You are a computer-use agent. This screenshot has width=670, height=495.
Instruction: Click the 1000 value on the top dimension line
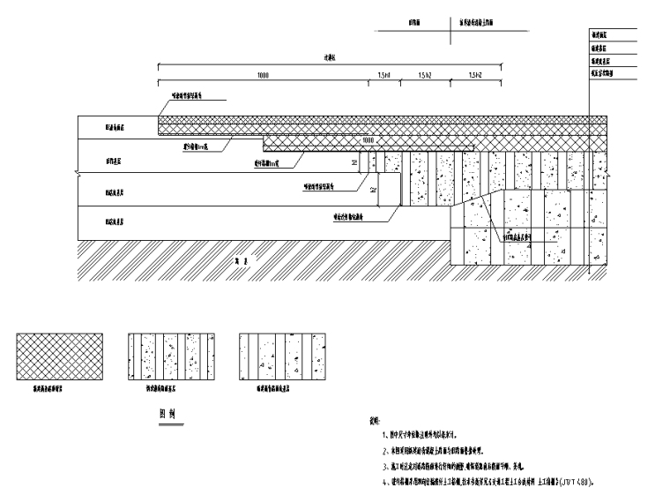pyautogui.click(x=263, y=77)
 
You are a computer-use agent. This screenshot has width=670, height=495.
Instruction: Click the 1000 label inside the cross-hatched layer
pyautogui.click(x=368, y=140)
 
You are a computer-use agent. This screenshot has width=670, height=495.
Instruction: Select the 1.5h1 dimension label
pyautogui.click(x=384, y=77)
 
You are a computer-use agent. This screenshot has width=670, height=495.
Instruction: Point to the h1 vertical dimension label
pyautogui.click(x=354, y=162)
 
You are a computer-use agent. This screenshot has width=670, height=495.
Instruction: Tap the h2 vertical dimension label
pyautogui.click(x=372, y=189)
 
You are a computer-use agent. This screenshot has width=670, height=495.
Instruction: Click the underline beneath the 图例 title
pyautogui.click(x=167, y=423)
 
